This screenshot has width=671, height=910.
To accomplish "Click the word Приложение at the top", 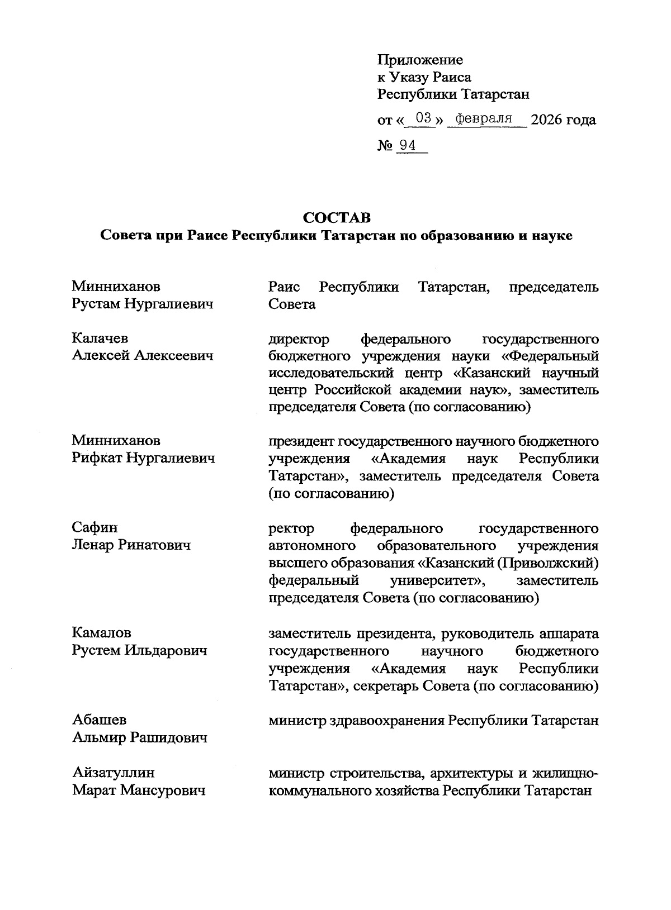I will click(420, 60).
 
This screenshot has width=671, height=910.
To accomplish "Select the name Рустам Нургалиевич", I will click(143, 304).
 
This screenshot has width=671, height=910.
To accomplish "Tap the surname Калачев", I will click(100, 339).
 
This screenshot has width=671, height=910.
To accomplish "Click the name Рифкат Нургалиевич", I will click(143, 459).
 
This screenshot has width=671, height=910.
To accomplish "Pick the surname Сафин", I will click(94, 528).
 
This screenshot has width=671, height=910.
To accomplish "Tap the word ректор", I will click(291, 528).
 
